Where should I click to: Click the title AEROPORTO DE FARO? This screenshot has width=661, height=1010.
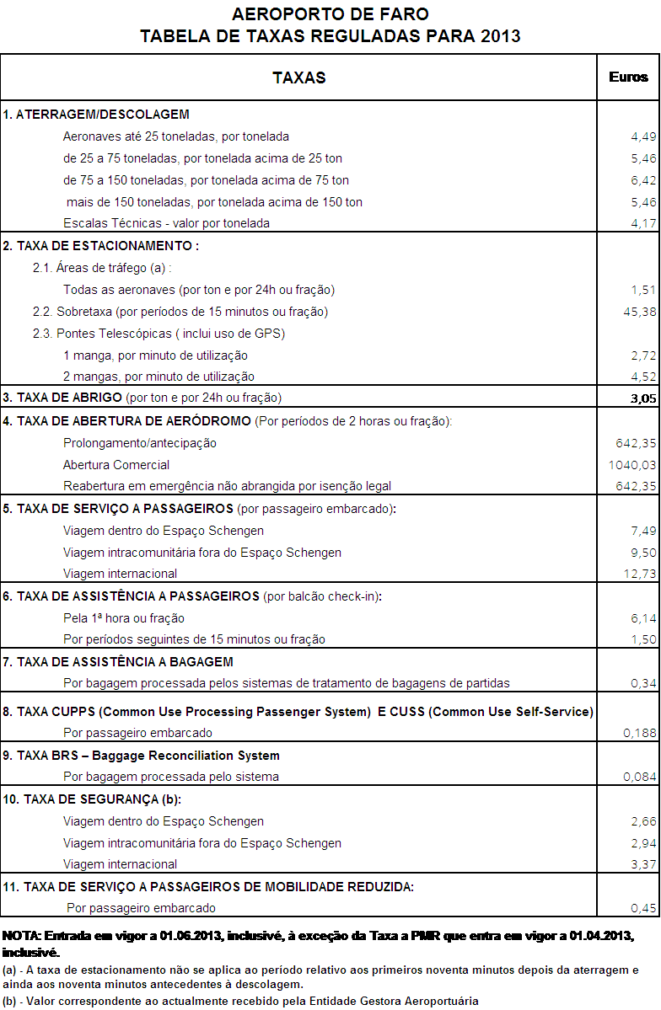(x=330, y=14)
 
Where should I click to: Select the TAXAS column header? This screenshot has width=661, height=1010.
(x=299, y=77)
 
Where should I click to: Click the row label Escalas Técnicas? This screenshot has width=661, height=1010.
(x=166, y=223)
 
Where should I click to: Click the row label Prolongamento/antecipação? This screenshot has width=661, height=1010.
(x=139, y=443)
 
